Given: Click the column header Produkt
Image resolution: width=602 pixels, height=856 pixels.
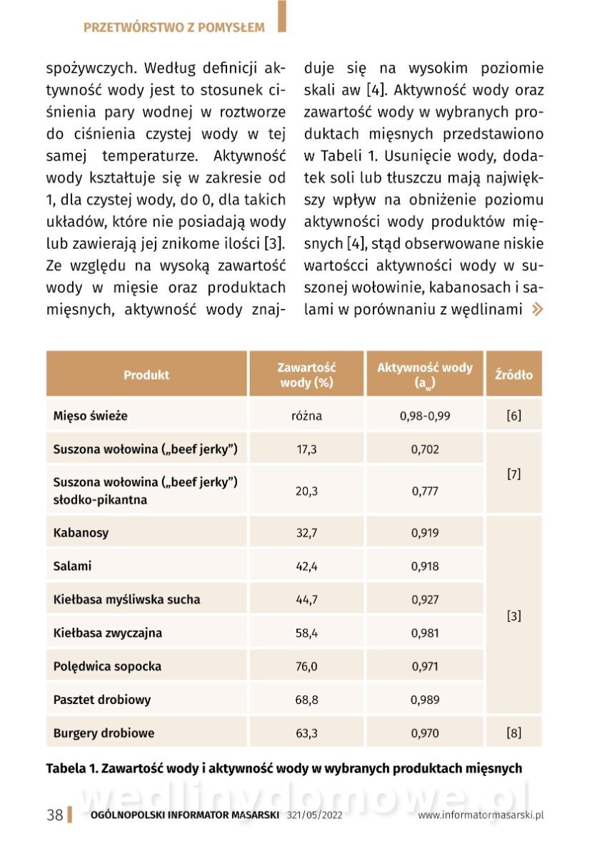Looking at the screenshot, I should tap(146, 374).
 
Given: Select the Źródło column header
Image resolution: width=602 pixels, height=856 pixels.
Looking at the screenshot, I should tap(513, 374).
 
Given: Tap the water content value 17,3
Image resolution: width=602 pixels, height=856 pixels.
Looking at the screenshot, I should tap(307, 449).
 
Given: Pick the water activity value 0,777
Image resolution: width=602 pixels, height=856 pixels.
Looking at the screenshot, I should tap(425, 491).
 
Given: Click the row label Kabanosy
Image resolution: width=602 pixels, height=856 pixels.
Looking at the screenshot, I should tap(81, 533).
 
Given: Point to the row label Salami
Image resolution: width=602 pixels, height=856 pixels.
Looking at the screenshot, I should tap(73, 566).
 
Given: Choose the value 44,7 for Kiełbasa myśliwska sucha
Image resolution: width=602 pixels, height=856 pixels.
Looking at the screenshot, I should tap(307, 600).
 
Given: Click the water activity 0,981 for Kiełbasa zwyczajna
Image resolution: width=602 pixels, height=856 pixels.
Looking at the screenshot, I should tap(425, 633).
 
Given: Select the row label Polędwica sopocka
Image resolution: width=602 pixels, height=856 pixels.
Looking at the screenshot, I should tap(107, 666).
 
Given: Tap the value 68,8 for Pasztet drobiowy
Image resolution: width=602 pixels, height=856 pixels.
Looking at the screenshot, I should tap(307, 700).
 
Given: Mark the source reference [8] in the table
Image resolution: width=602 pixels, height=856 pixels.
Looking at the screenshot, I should tap(513, 733).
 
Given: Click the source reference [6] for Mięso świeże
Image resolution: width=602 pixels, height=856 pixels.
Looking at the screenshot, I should tap(513, 415).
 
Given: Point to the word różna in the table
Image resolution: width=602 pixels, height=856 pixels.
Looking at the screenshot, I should tap(307, 415).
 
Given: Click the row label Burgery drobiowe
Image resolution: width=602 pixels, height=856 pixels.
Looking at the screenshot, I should tap(104, 733).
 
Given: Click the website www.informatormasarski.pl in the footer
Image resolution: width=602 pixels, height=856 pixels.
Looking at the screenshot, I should tap(481, 815).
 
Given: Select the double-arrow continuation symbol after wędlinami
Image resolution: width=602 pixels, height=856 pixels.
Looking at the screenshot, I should tap(537, 310).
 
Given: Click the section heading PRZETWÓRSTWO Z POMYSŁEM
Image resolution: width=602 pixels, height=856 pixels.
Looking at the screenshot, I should tap(174, 28).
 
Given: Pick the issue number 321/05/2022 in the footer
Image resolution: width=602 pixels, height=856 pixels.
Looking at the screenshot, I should tap(315, 815).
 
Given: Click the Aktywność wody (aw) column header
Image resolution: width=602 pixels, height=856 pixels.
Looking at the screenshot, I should tap(425, 374).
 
